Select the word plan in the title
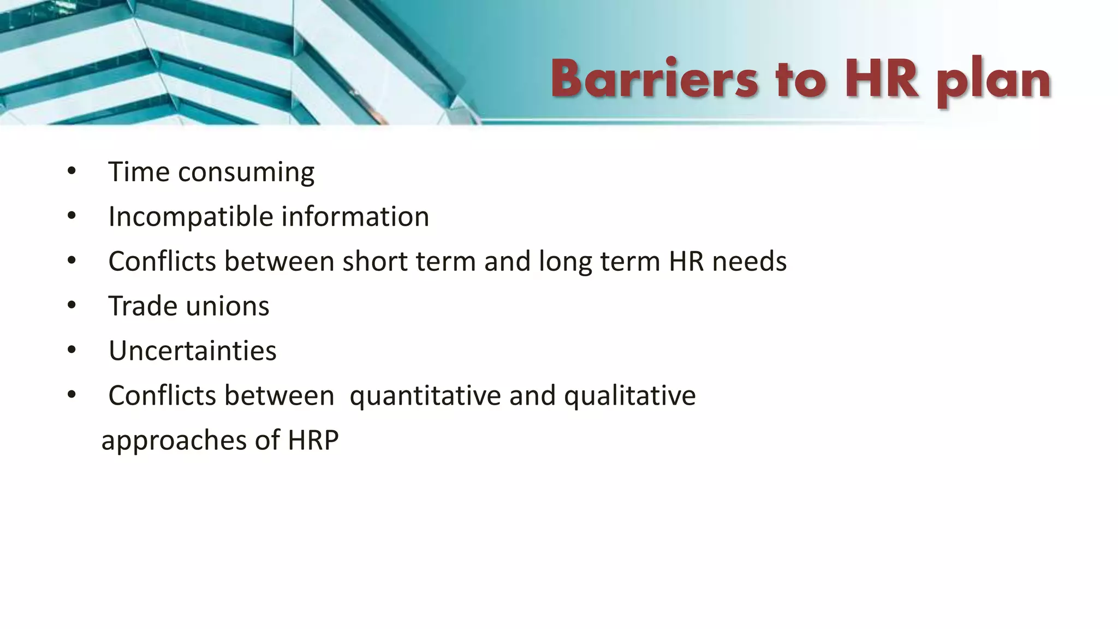pyautogui.click(x=994, y=82)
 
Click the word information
pyautogui.click(x=355, y=216)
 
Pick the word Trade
pyautogui.click(x=142, y=306)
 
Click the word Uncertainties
pyautogui.click(x=192, y=351)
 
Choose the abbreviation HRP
pyautogui.click(x=313, y=440)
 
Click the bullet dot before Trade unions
pyautogui.click(x=72, y=306)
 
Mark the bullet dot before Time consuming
pyautogui.click(x=72, y=171)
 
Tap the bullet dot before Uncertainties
pyautogui.click(x=72, y=351)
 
